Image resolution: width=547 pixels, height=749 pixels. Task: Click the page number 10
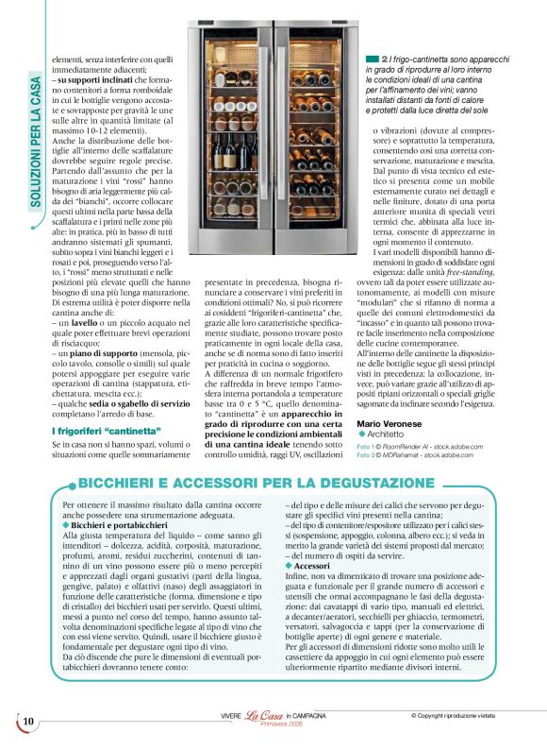(28, 723)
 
